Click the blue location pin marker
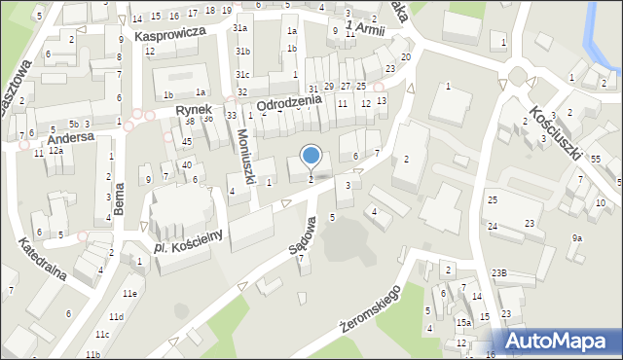pyautogui.click(x=311, y=156)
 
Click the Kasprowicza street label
pyautogui.click(x=169, y=33)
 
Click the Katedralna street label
pyautogui.click(x=42, y=261)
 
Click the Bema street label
pyautogui.click(x=120, y=198)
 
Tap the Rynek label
pyautogui.click(x=194, y=110)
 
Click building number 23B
pyautogui.click(x=498, y=272)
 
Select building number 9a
pyautogui.click(x=577, y=237)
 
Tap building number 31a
pyautogui.click(x=239, y=29)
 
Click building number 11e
pyautogui.click(x=129, y=293)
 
